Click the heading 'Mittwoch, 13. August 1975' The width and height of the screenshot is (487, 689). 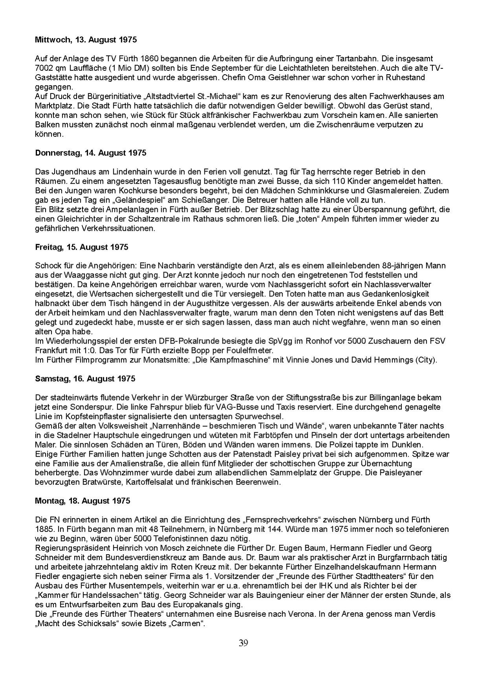click(x=86, y=40)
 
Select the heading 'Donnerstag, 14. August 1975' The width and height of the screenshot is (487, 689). click(x=90, y=153)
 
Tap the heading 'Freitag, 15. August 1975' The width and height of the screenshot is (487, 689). click(x=81, y=247)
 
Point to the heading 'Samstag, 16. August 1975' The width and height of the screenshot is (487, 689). click(x=85, y=378)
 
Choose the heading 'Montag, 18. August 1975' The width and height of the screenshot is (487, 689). click(x=83, y=501)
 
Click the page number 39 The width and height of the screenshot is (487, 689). click(x=243, y=643)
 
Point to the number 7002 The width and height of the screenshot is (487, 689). click(x=44, y=68)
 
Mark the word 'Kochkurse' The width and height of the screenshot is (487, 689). click(x=105, y=191)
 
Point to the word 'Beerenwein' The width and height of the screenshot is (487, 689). click(x=261, y=482)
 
